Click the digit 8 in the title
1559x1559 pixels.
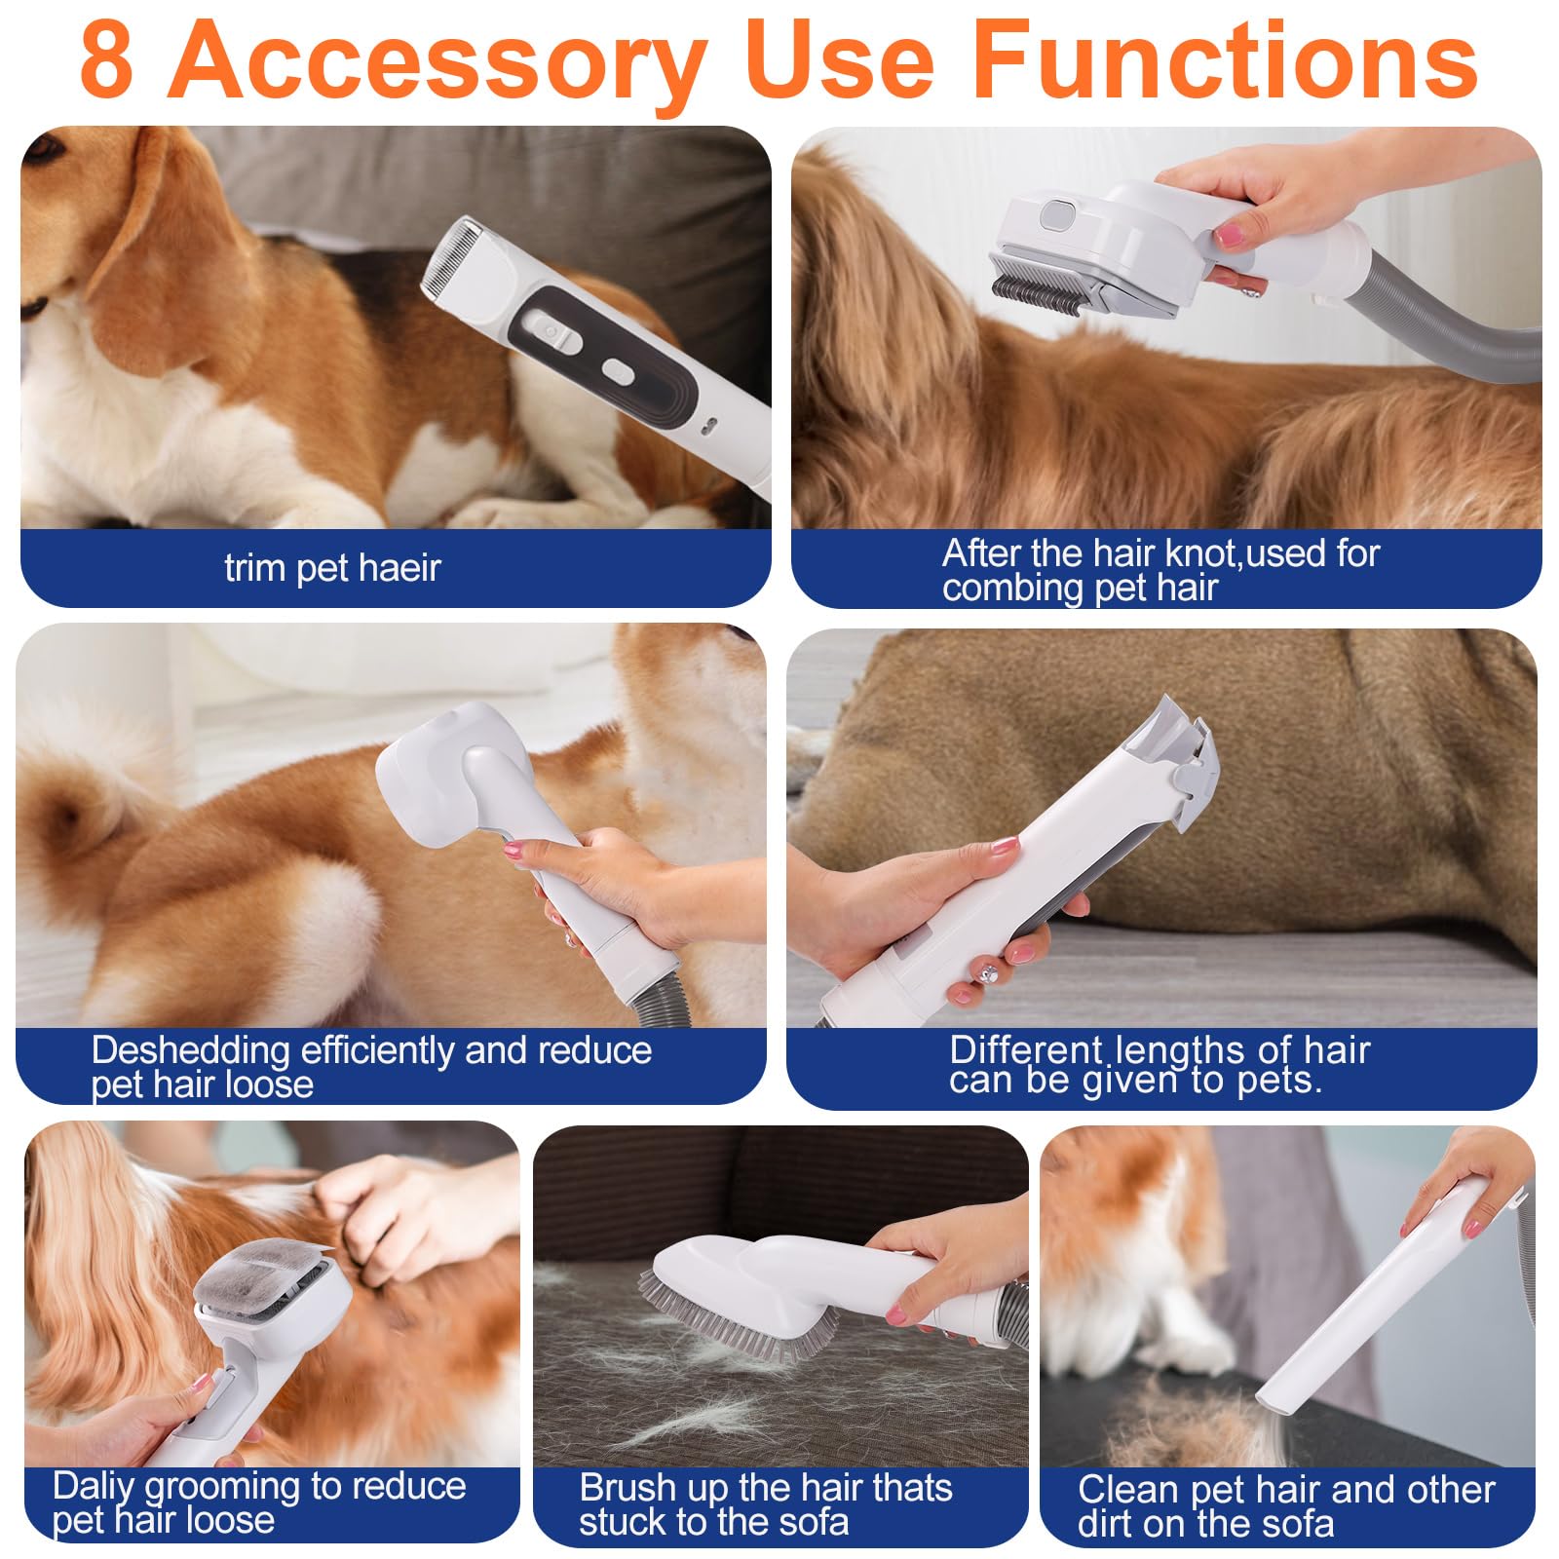(x=107, y=60)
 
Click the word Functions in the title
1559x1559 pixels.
(x=1226, y=60)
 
